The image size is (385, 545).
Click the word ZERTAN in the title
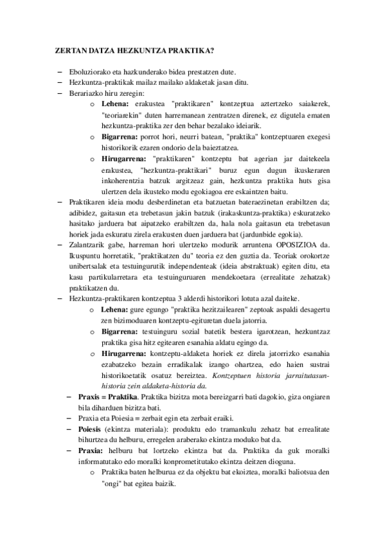tap(67, 49)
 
